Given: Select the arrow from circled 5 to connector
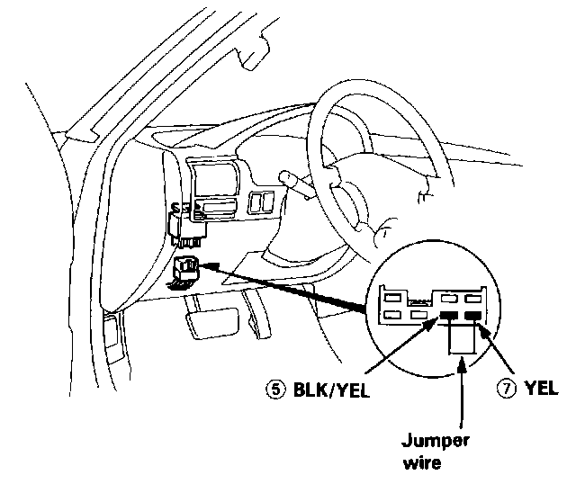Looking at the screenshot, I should point(360,355).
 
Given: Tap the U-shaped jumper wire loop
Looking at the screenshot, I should point(461,340).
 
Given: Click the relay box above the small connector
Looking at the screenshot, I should point(191,225).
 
